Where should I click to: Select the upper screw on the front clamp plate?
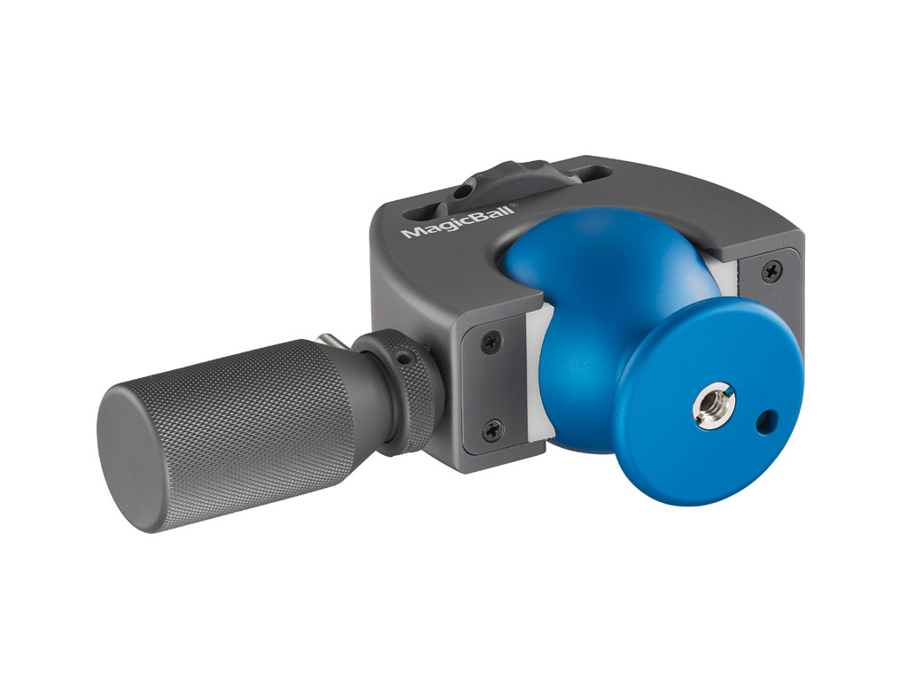coord(491,344)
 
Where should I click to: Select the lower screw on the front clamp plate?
coord(492,429)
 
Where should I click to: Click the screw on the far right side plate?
coord(772,270)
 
